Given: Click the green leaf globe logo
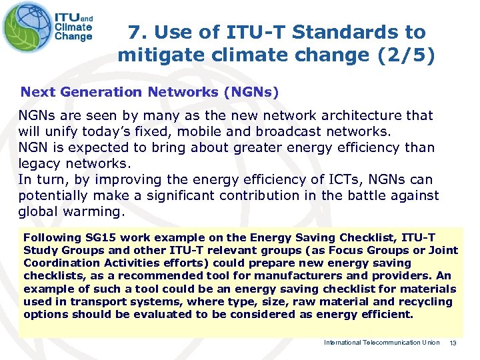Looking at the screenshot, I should [26, 27].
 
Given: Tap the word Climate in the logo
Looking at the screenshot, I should [73, 27].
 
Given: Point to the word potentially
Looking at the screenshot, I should [53, 195].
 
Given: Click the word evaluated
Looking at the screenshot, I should [167, 314].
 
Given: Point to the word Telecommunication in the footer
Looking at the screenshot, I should [386, 343].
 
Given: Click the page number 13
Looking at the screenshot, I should [452, 343].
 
